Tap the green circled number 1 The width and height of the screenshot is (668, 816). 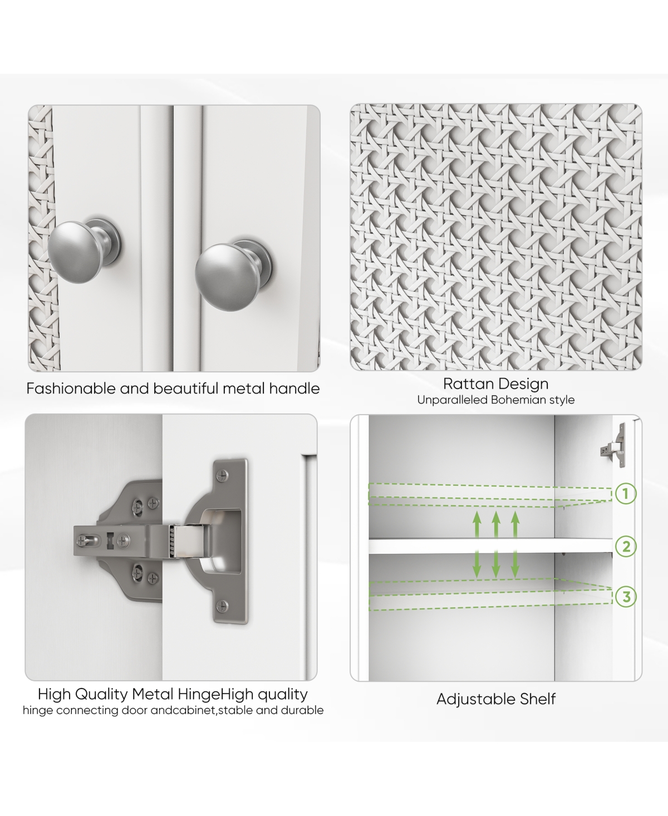[626, 493]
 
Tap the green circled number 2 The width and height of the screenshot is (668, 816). [626, 546]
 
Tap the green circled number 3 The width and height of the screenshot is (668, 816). [626, 596]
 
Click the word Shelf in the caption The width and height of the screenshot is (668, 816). [538, 699]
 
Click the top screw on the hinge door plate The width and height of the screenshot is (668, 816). [222, 475]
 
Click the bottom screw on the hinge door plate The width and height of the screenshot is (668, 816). [222, 606]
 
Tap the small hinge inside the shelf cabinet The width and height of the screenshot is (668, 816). [614, 445]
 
